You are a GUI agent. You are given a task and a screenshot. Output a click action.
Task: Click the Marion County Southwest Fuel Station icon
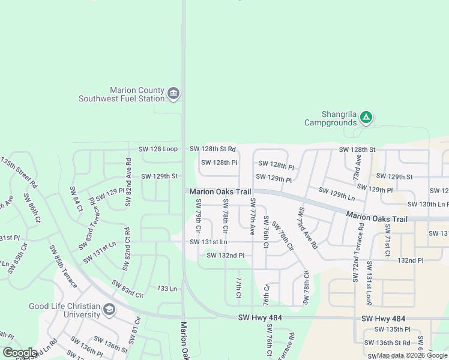[173, 94]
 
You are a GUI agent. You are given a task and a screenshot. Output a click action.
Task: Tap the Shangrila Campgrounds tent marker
[366, 118]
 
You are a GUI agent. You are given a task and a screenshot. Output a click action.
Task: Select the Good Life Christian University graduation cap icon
[109, 310]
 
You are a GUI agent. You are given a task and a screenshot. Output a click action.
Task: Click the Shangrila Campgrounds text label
[330, 118]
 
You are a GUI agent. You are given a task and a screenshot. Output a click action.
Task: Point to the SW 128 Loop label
[158, 149]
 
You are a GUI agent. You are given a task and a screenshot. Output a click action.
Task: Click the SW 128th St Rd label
[212, 149]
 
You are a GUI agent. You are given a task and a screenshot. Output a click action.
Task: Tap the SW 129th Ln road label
[337, 193]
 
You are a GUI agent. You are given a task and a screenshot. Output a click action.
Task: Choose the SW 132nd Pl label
[226, 256]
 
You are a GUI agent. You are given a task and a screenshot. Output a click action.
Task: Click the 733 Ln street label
[165, 289]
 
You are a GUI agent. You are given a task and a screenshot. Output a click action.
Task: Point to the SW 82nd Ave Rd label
[128, 183]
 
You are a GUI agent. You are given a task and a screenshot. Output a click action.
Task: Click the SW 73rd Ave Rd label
[308, 228]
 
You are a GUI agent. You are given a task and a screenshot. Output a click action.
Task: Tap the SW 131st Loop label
[370, 283]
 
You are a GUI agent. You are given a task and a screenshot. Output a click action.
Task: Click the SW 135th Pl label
[392, 329]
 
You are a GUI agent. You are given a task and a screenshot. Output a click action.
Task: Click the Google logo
[20, 353]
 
